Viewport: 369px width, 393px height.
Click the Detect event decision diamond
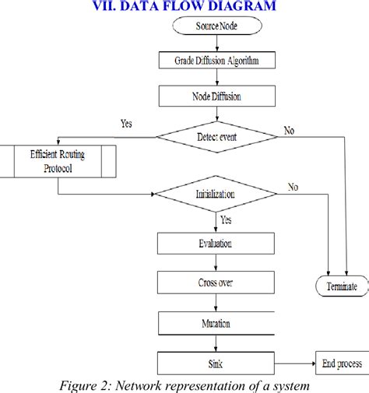[217, 138]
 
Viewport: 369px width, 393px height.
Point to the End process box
[339, 362]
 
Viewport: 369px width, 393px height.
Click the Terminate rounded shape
[343, 286]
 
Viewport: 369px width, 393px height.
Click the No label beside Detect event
[290, 131]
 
